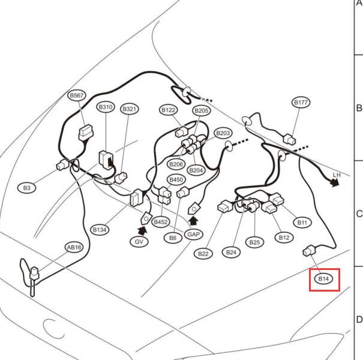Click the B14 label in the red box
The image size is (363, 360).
(323, 278)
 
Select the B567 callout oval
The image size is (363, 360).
(77, 95)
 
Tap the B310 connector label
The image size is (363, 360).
(106, 107)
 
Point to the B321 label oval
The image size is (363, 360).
(130, 109)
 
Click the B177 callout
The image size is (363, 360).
(301, 103)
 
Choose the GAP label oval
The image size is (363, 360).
(194, 234)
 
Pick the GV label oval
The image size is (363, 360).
(139, 242)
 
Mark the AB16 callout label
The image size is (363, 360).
(74, 247)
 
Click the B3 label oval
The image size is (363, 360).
(27, 188)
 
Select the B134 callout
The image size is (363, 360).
(100, 230)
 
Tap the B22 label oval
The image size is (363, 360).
(203, 254)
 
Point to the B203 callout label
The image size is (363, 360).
(223, 133)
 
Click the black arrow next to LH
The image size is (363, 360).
(335, 183)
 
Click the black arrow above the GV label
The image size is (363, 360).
(142, 231)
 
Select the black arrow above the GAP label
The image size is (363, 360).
(194, 221)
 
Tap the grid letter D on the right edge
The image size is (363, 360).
(359, 320)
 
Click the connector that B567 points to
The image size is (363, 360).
(86, 133)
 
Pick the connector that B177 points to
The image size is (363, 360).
(290, 139)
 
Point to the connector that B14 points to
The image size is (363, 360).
(309, 251)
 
